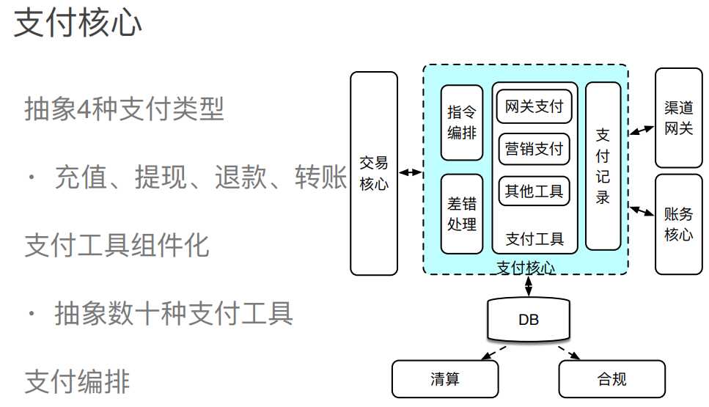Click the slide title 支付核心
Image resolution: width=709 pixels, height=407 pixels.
click(78, 23)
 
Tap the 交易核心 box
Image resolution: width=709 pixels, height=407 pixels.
click(374, 173)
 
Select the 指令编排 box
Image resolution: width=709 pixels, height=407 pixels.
click(462, 122)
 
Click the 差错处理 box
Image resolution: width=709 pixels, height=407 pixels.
click(462, 213)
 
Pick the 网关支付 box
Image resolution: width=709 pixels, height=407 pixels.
click(534, 107)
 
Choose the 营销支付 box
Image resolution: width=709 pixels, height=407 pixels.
click(534, 149)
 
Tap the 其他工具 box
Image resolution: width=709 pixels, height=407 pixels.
click(534, 191)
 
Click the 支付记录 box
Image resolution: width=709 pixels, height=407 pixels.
click(603, 166)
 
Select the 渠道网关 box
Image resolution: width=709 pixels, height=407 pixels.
click(678, 118)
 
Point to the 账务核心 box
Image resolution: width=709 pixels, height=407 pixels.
click(678, 224)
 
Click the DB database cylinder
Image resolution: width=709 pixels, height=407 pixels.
click(529, 320)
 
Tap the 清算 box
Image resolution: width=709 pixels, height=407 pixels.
click(445, 379)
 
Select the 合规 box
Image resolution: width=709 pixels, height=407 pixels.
click(611, 379)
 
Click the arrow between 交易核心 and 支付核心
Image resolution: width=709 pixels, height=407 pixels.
click(411, 173)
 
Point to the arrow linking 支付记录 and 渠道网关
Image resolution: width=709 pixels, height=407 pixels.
click(642, 130)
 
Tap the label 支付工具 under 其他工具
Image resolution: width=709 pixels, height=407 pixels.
click(534, 239)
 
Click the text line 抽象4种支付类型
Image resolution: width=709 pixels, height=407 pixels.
click(124, 111)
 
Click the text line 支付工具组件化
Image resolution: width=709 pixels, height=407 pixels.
click(117, 245)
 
